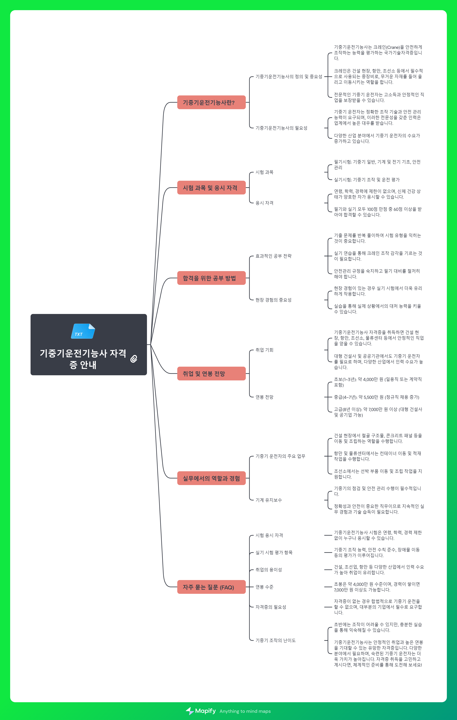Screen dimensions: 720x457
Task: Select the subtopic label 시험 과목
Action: pos(264,172)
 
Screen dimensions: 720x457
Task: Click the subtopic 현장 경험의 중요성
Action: pos(273,300)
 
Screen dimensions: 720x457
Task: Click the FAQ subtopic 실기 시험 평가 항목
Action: pos(274,553)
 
